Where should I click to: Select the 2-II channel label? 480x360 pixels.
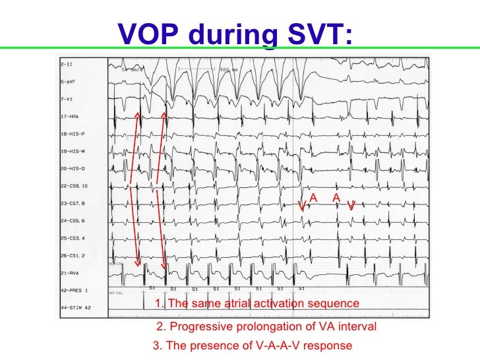click(67, 65)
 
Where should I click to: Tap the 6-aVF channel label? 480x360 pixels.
click(69, 82)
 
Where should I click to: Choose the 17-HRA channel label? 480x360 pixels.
click(70, 117)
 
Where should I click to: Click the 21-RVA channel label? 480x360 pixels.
click(70, 272)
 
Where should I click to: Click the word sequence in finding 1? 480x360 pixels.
click(336, 303)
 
